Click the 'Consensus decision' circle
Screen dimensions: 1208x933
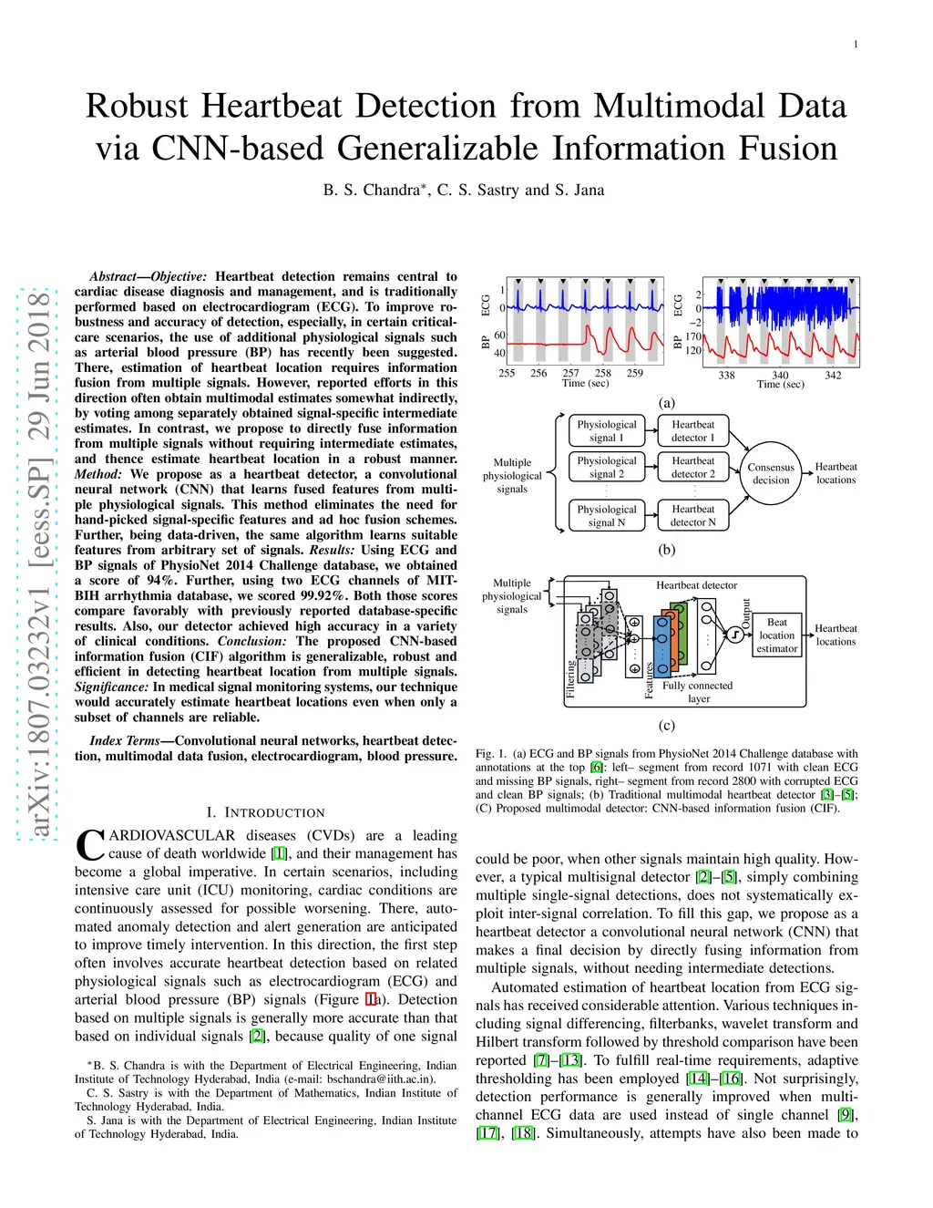point(771,473)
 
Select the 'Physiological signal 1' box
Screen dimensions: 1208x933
point(607,431)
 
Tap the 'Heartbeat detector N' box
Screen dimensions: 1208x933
point(692,516)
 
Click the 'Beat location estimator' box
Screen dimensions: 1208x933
point(776,635)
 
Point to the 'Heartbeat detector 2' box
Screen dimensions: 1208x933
point(692,468)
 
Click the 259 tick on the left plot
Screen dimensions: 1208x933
point(635,373)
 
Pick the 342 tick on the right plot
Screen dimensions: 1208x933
point(833,375)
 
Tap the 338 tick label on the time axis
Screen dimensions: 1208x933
point(726,375)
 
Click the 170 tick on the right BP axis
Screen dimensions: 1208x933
point(693,336)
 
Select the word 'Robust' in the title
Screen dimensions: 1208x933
point(137,106)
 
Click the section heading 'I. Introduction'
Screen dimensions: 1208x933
point(265,812)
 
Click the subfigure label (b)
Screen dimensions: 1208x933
point(667,550)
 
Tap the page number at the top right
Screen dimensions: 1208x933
point(855,45)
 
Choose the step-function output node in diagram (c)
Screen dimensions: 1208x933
point(734,635)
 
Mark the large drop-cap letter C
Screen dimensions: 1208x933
point(90,844)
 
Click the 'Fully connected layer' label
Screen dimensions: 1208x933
point(698,692)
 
